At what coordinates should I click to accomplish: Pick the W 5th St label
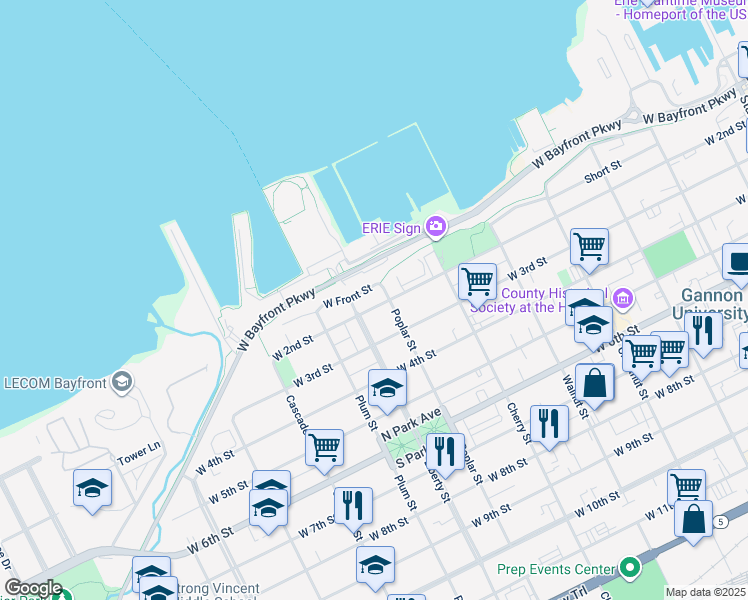pyautogui.click(x=228, y=491)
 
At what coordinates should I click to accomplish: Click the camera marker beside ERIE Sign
pyautogui.click(x=435, y=227)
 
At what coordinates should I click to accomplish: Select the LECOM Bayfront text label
pyautogui.click(x=55, y=381)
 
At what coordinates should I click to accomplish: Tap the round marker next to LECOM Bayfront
pyautogui.click(x=121, y=381)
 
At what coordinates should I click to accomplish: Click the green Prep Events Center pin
pyautogui.click(x=629, y=568)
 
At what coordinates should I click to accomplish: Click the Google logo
pyautogui.click(x=33, y=588)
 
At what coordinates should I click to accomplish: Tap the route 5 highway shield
pyautogui.click(x=719, y=522)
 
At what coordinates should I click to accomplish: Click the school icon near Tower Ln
pyautogui.click(x=93, y=488)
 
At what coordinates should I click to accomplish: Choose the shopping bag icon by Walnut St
pyautogui.click(x=594, y=382)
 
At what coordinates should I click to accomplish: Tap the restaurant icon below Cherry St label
pyautogui.click(x=548, y=423)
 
